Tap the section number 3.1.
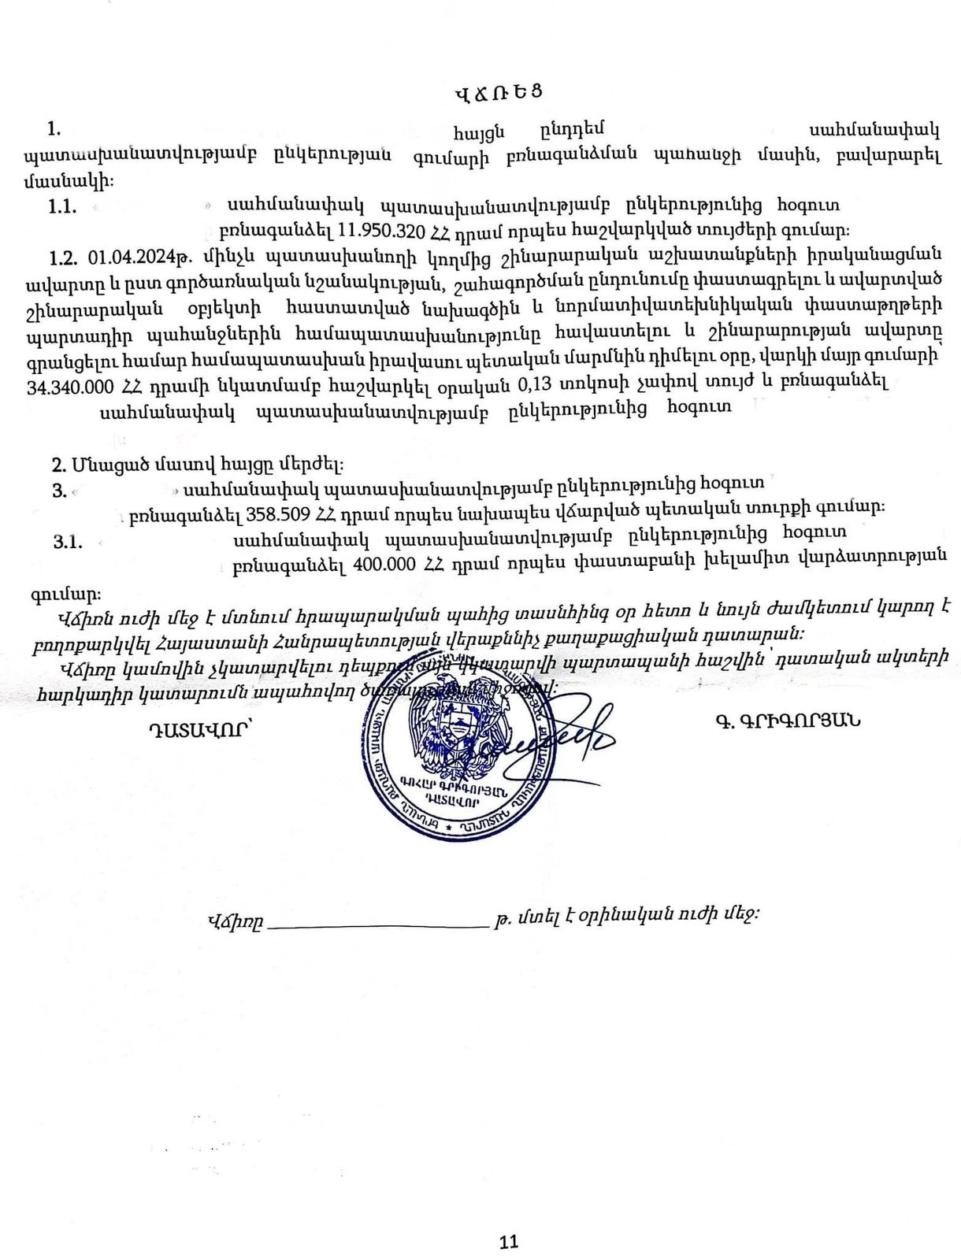(69, 541)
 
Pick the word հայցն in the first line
(478, 131)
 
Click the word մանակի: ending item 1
(69, 181)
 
